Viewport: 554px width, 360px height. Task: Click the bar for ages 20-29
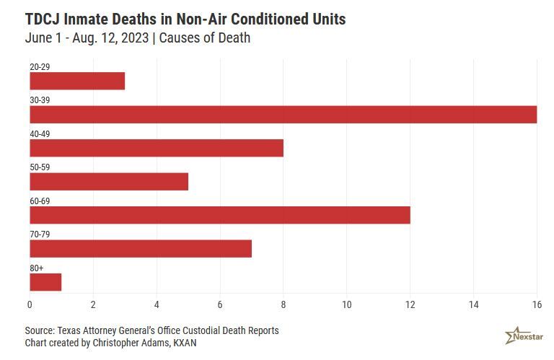[x=77, y=81]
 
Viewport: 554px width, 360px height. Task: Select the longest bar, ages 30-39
[x=283, y=115]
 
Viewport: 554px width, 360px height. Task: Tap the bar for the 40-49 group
[x=157, y=148]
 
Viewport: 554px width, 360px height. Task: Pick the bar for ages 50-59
[x=109, y=182]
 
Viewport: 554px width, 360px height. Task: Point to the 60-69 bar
[x=220, y=215]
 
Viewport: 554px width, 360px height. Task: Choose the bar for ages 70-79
[x=141, y=249]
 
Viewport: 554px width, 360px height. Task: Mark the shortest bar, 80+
[x=45, y=282]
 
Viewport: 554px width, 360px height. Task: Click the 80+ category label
[x=37, y=268]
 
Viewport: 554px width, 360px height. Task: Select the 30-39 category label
[x=40, y=100]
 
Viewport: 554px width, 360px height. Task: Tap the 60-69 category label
[x=40, y=201]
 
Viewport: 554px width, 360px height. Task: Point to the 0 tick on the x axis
[x=30, y=304]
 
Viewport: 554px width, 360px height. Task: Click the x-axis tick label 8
[x=283, y=304]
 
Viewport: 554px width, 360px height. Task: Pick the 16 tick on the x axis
[x=537, y=304]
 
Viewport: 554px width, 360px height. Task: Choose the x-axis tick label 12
[x=410, y=304]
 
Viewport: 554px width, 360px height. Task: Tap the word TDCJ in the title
[x=43, y=19]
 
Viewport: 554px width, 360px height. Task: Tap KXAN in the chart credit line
[x=183, y=343]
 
